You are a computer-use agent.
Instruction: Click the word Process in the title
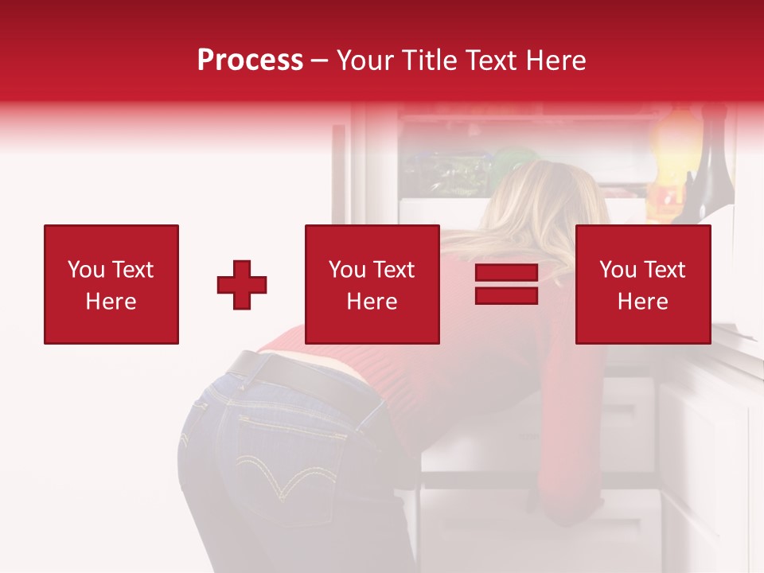pyautogui.click(x=250, y=60)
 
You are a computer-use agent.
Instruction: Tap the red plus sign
pyautogui.click(x=242, y=284)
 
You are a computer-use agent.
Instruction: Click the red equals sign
pyautogui.click(x=506, y=284)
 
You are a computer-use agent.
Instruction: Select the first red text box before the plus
pyautogui.click(x=111, y=284)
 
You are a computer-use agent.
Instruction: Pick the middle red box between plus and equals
pyautogui.click(x=372, y=284)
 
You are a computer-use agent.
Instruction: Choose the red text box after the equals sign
pyautogui.click(x=642, y=284)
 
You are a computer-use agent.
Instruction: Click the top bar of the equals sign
pyautogui.click(x=506, y=273)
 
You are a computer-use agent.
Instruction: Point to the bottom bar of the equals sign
pyautogui.click(x=506, y=295)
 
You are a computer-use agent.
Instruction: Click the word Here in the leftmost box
pyautogui.click(x=111, y=302)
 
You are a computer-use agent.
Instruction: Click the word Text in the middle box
pyautogui.click(x=394, y=270)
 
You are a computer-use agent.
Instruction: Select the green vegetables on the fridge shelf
pyautogui.click(x=446, y=171)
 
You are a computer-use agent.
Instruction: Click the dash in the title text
pyautogui.click(x=319, y=60)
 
